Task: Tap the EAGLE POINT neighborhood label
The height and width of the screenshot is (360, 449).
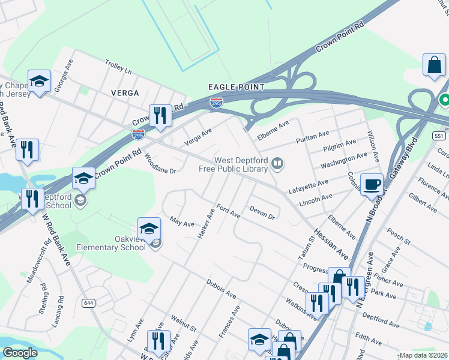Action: click(237, 87)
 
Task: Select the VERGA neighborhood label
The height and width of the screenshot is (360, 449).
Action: click(125, 93)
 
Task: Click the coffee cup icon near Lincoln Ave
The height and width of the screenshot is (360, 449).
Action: click(372, 184)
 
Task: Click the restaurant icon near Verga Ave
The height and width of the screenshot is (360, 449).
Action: click(160, 115)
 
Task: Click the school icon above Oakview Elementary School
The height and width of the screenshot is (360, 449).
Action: click(149, 228)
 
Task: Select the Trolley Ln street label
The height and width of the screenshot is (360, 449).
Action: click(118, 67)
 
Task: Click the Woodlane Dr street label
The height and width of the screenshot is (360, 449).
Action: click(160, 163)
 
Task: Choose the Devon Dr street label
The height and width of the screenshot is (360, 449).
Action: click(262, 212)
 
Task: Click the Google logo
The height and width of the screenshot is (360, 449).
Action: click(20, 353)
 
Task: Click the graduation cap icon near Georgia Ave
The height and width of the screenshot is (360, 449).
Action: click(40, 82)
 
